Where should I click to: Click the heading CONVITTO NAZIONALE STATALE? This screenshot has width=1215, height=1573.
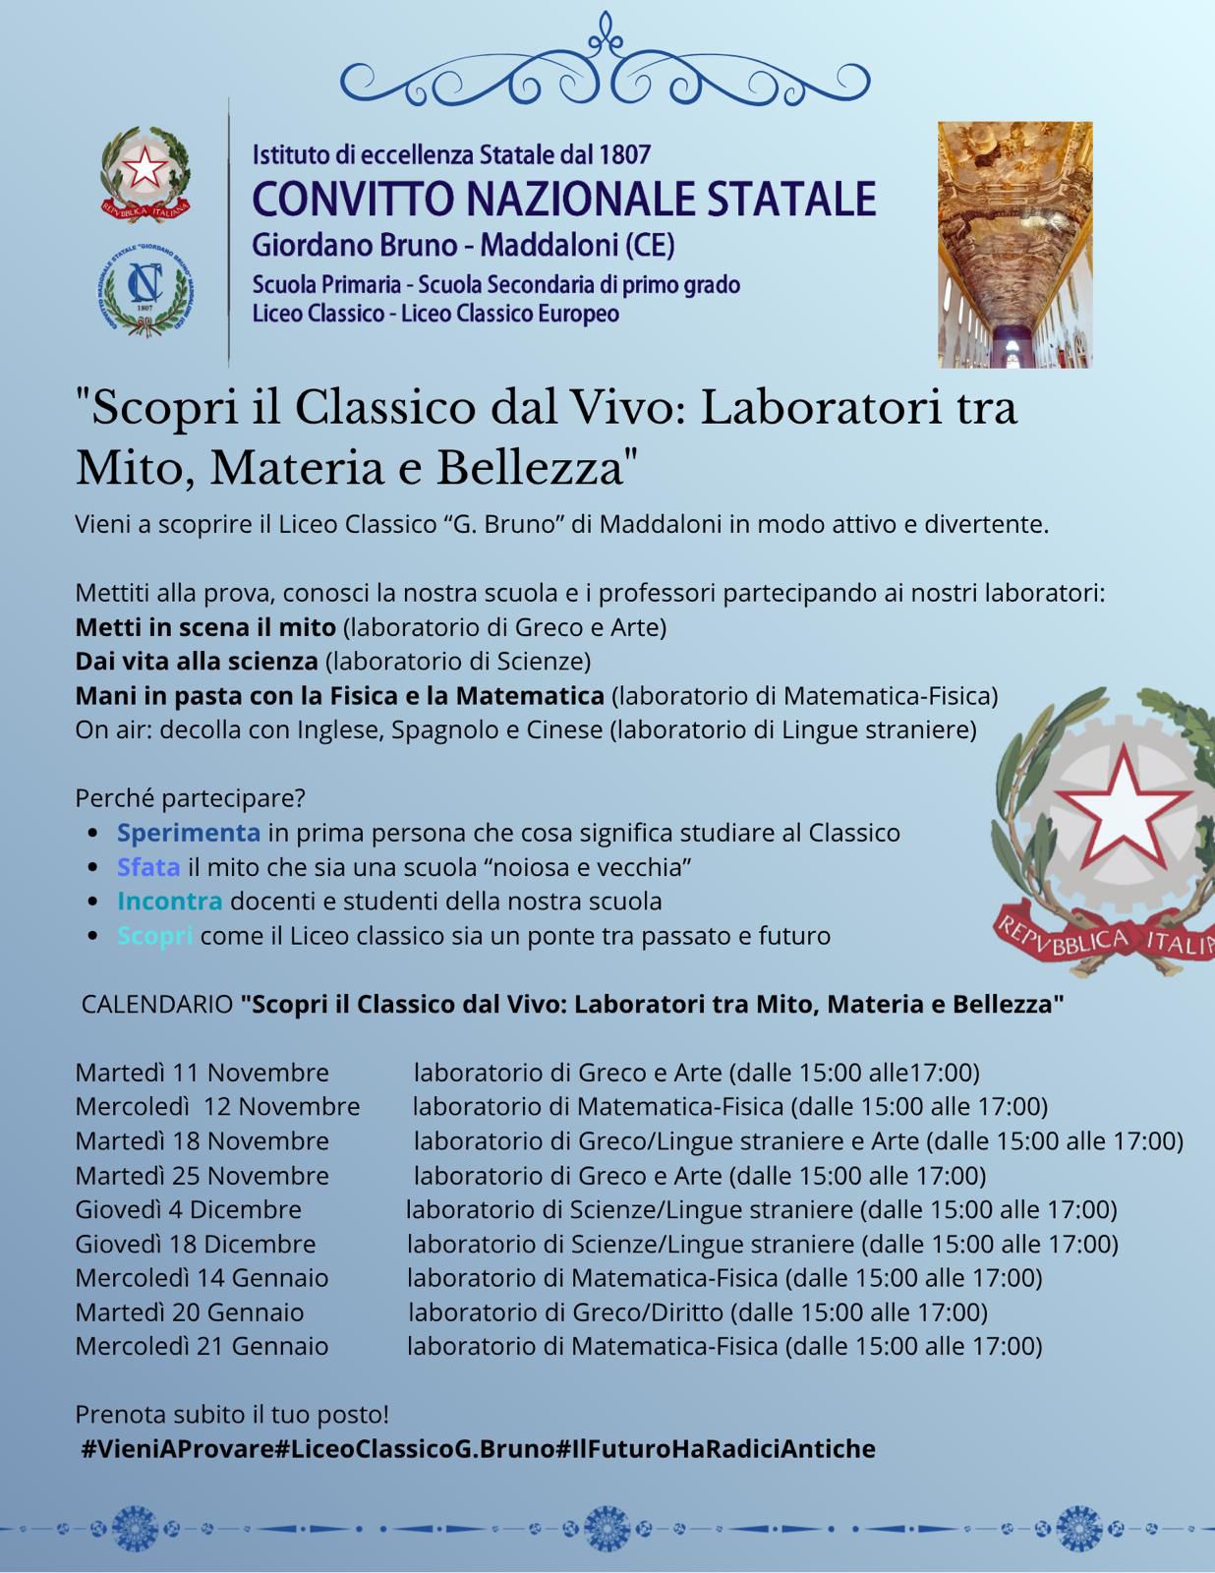[564, 198]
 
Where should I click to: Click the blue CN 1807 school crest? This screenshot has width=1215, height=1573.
[145, 286]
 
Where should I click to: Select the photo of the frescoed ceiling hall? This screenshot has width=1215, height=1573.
[1014, 244]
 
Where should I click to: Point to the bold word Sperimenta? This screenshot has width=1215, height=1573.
[189, 833]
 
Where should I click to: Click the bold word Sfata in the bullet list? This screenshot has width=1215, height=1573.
[148, 867]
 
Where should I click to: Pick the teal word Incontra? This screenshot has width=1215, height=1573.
[169, 901]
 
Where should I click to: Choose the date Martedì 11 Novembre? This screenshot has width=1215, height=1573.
[202, 1072]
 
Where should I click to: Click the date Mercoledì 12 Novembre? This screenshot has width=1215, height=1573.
[217, 1106]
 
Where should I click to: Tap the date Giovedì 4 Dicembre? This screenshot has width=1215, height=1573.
[188, 1209]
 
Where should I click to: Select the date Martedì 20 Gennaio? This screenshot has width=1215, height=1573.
[190, 1312]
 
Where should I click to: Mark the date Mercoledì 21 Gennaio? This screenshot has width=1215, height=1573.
[202, 1346]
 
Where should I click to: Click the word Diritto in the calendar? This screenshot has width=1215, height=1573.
[687, 1312]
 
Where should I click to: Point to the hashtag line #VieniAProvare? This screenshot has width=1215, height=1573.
[478, 1449]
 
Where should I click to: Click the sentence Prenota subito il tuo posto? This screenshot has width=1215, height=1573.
[232, 1415]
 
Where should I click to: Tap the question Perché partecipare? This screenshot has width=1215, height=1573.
[190, 797]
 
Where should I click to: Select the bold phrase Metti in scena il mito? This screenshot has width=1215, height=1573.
[205, 627]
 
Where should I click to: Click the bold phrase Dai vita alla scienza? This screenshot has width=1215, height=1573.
[197, 661]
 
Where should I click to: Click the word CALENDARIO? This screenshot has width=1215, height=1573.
[156, 1005]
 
